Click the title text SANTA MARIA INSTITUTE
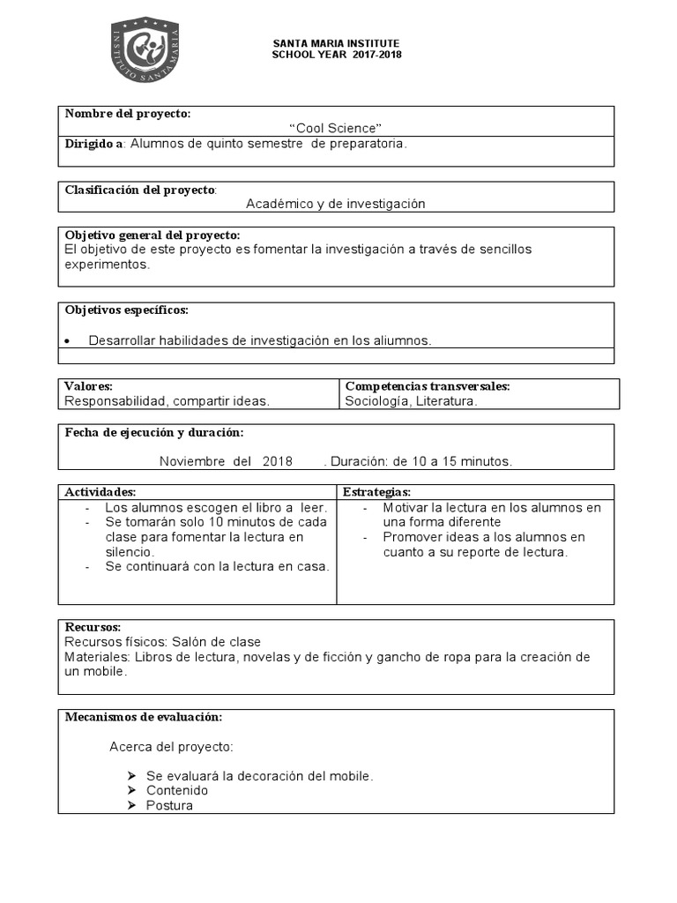pos(336,43)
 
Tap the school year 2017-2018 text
pos(336,55)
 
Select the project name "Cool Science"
pos(336,129)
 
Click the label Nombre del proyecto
pos(128,115)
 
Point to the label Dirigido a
pos(94,144)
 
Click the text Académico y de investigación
pos(335,204)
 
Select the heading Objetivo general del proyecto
pos(152,235)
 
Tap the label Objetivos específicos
pos(126,310)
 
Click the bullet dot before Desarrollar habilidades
pos(69,341)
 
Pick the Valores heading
pos(89,386)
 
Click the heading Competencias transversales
pos(428,386)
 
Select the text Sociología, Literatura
pos(411,401)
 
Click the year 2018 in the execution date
pos(277,461)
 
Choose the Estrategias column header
pos(376,491)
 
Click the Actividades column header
pos(100,491)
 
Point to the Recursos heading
pos(93,627)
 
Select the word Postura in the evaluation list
pos(169,805)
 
